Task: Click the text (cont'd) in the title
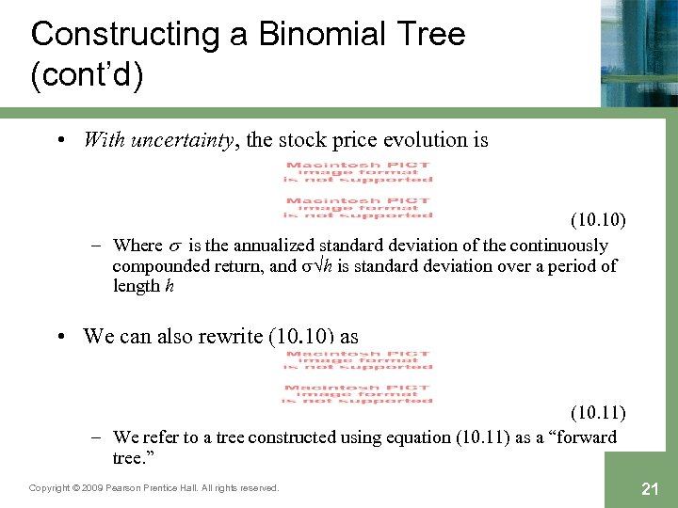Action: click(87, 75)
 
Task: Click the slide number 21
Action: click(648, 487)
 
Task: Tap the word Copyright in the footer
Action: click(51, 488)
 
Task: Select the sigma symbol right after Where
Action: click(175, 246)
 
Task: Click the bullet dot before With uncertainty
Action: click(61, 141)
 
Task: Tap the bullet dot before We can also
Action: click(61, 337)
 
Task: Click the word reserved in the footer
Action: click(257, 488)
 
